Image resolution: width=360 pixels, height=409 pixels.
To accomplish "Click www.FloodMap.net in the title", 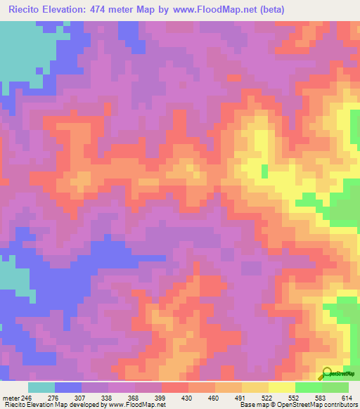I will tap(224, 10).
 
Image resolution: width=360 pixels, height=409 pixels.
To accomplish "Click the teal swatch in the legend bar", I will tap(41, 387).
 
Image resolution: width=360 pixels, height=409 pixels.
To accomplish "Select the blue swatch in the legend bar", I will tap(68, 387).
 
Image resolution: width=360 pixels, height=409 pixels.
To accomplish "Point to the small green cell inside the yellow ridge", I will tap(264, 171).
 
